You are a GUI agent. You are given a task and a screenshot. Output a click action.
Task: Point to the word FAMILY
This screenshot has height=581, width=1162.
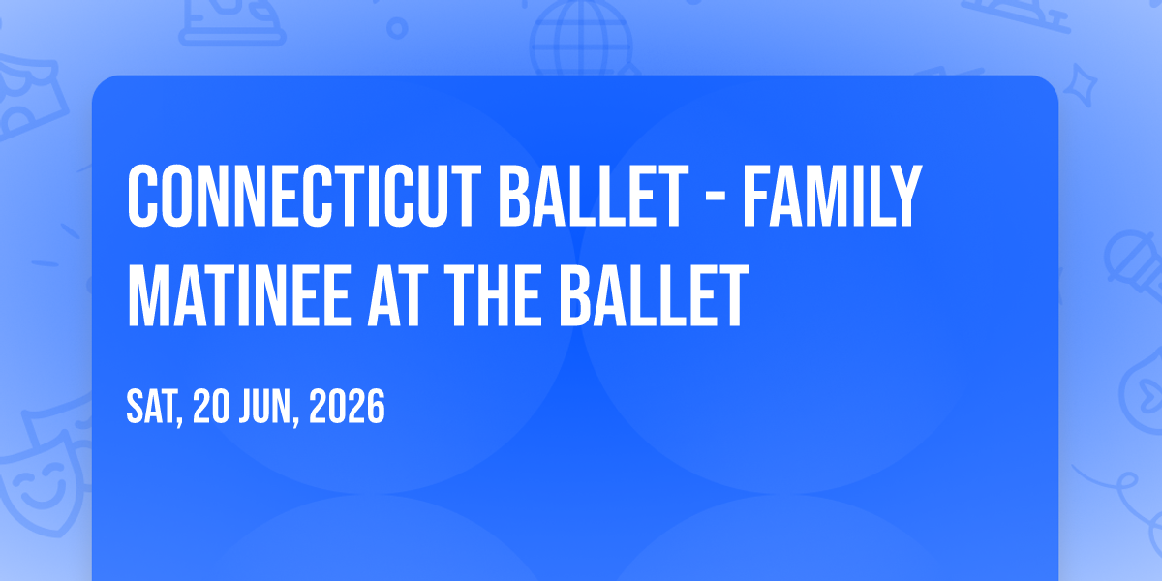(x=833, y=196)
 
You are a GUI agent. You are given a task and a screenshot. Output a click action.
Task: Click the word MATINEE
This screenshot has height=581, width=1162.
(x=238, y=294)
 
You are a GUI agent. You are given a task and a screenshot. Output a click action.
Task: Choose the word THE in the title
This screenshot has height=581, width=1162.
(x=492, y=294)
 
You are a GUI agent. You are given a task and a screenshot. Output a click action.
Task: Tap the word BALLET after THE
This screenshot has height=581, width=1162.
(x=655, y=294)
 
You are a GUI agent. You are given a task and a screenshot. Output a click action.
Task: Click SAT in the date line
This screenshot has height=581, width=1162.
(x=154, y=408)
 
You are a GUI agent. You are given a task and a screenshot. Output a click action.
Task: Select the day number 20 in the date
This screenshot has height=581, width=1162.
(x=211, y=407)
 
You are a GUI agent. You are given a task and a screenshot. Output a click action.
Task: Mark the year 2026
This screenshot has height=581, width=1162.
(x=347, y=407)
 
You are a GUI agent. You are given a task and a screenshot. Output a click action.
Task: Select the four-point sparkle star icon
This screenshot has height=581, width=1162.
(x=1080, y=84)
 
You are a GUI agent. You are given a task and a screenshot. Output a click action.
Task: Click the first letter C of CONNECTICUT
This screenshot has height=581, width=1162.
(x=142, y=196)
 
